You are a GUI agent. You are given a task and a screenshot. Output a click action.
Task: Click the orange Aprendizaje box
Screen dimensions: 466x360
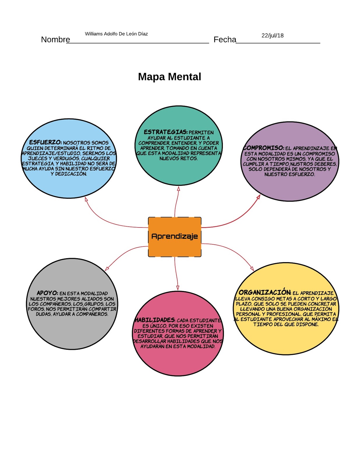click(x=174, y=236)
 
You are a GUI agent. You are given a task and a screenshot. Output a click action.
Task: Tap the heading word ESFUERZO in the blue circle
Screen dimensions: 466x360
click(x=45, y=142)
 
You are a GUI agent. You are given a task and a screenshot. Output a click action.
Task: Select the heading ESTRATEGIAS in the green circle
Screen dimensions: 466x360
click(x=165, y=132)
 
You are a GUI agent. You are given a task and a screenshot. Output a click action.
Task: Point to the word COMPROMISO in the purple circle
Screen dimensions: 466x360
click(x=264, y=148)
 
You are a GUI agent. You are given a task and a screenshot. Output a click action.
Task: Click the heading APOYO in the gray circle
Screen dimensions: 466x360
click(x=47, y=293)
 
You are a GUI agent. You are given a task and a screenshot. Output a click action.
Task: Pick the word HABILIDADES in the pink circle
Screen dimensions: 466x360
click(x=155, y=320)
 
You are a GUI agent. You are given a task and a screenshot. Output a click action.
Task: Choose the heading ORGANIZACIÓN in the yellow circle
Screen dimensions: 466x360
click(x=264, y=292)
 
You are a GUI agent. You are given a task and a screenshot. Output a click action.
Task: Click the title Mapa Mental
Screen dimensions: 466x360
click(x=169, y=77)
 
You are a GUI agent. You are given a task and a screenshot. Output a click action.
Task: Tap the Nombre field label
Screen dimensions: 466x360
click(x=55, y=40)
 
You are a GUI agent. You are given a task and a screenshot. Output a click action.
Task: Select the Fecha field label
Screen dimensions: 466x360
click(x=225, y=40)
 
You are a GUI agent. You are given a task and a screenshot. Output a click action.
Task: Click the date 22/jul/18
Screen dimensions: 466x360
click(x=272, y=36)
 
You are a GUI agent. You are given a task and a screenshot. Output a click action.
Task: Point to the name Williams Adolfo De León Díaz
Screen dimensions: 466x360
click(x=116, y=34)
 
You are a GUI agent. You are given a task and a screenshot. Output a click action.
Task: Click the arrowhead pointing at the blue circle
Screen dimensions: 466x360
click(x=86, y=200)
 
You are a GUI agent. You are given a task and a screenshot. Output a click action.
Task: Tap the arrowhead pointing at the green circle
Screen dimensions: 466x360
click(x=179, y=189)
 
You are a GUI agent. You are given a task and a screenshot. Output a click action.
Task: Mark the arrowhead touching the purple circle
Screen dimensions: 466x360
click(x=258, y=197)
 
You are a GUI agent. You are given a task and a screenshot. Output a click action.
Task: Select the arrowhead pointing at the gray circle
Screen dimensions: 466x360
click(x=107, y=269)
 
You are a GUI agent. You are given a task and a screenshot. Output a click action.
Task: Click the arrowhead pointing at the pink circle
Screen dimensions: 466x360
click(x=178, y=288)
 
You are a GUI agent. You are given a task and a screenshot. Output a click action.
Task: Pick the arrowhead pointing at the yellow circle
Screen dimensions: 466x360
click(x=252, y=269)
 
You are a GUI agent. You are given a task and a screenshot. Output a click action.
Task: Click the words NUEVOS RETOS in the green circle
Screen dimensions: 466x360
click(x=178, y=158)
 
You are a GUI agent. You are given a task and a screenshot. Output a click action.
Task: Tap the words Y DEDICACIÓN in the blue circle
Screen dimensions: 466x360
click(x=69, y=174)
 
